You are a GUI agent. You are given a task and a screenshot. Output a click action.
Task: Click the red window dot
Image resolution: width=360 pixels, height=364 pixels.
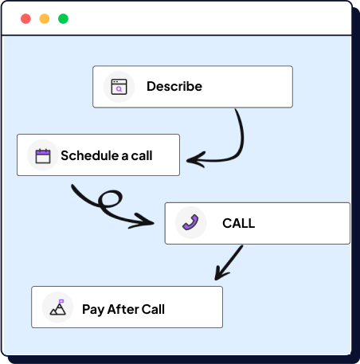tap(25, 18)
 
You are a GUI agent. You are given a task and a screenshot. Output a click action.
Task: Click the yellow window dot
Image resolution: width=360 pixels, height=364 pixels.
tap(45, 18)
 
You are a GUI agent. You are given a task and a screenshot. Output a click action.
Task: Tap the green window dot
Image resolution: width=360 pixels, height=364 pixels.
tap(64, 18)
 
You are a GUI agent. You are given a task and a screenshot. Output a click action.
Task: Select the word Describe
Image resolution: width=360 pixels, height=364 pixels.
tap(174, 87)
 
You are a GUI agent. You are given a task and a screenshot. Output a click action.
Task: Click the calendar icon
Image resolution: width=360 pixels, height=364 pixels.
tap(43, 155)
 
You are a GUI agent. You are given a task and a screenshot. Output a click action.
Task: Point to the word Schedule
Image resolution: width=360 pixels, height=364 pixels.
tap(88, 155)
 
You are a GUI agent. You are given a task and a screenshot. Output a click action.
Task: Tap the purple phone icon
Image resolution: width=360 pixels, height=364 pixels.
tap(190, 223)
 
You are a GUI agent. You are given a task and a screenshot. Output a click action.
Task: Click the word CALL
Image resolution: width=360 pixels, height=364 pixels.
tap(238, 223)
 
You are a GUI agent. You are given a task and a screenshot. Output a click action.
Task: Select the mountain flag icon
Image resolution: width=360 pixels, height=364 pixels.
tap(57, 307)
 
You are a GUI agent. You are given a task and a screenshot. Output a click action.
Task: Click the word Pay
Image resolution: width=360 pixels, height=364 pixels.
tap(92, 308)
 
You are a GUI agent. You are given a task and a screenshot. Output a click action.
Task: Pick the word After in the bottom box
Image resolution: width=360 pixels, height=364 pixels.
tap(122, 308)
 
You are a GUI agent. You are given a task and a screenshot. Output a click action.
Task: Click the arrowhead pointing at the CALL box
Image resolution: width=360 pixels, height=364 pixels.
tap(151, 221)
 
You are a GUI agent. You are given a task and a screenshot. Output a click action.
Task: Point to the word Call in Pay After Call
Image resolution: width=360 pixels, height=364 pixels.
tap(153, 308)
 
